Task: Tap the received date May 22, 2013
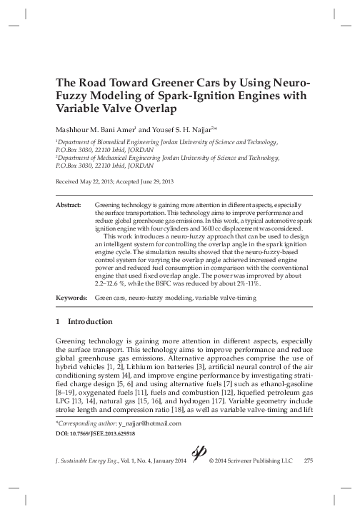[x=97, y=182]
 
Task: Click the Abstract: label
[x=69, y=205]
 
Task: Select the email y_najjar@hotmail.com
[x=150, y=423]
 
